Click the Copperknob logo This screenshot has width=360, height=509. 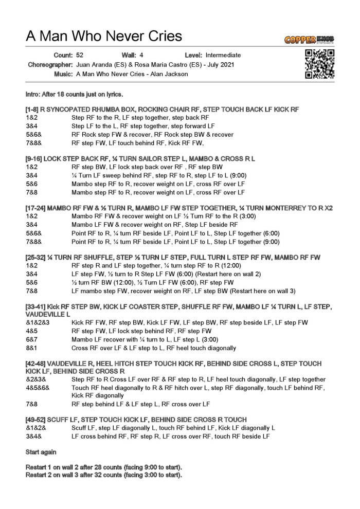point(308,40)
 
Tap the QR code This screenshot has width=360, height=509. point(319,64)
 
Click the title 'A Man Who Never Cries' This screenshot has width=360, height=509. point(104,36)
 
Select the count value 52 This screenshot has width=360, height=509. point(80,55)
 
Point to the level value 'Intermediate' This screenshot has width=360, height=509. point(223,55)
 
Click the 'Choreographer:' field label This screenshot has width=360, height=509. point(50,64)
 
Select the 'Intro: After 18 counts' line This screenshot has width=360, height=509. point(74,95)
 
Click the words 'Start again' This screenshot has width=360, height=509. point(41,452)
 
